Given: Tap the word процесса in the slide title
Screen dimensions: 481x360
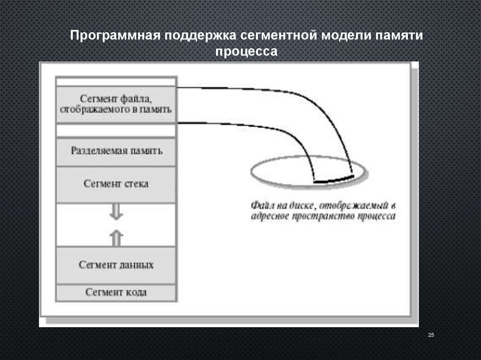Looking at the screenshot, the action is (247, 51).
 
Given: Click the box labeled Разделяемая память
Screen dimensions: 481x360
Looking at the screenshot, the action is (116, 152).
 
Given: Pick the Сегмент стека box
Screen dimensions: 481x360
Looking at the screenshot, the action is (116, 184).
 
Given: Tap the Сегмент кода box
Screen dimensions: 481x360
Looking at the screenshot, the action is (116, 292).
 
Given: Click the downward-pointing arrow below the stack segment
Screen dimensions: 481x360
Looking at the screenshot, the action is (116, 213).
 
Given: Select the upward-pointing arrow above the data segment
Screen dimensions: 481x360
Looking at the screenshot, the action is (116, 238).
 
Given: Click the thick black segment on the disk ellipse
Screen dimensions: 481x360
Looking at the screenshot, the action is (334, 179).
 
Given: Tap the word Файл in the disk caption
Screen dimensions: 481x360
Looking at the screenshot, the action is (260, 206).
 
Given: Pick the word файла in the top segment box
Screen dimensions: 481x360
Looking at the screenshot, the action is (140, 99).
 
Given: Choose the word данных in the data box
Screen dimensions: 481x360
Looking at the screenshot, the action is (138, 265).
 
